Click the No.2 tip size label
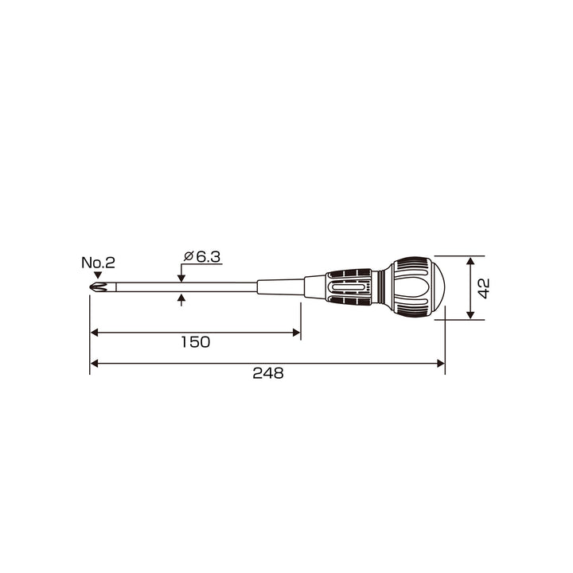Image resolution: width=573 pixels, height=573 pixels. [98, 263]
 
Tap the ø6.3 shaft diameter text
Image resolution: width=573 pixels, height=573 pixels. [202, 257]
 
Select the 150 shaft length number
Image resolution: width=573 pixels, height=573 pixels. [196, 342]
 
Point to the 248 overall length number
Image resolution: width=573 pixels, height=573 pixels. [268, 373]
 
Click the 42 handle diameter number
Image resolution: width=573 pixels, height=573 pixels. [484, 288]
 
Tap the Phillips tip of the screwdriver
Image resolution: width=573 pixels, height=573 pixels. [99, 286]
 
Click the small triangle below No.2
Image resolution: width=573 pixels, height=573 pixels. [98, 275]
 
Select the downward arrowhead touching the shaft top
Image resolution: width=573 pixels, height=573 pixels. [181, 279]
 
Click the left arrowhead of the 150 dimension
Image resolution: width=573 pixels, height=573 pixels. [94, 333]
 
